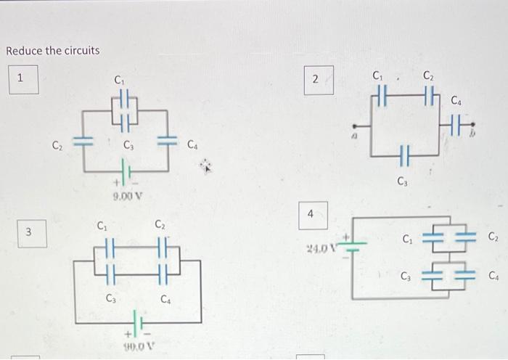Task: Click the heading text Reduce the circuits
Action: tap(52, 51)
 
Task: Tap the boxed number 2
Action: tap(316, 80)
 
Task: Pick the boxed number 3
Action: tap(28, 232)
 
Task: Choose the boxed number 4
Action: tap(311, 214)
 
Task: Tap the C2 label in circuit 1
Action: tap(57, 144)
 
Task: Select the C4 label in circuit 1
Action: tap(192, 145)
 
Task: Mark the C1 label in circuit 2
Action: tap(377, 74)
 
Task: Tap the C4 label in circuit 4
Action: tap(494, 275)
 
